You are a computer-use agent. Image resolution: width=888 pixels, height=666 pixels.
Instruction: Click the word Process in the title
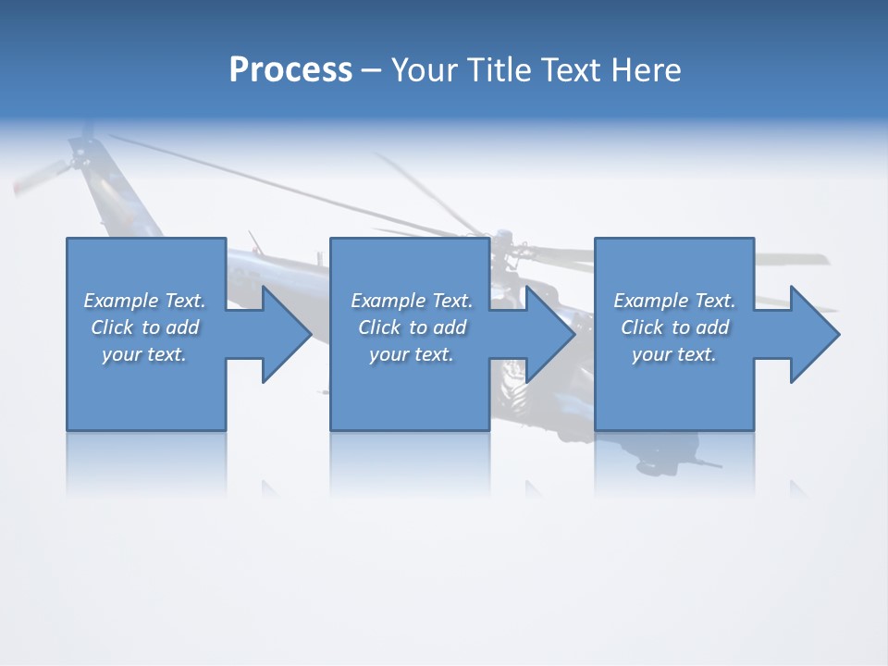[290, 70]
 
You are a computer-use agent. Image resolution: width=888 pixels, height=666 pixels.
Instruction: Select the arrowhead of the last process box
[813, 334]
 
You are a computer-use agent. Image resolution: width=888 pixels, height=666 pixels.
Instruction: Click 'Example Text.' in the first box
[144, 301]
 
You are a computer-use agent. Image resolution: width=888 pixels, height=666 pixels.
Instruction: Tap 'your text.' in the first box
[144, 354]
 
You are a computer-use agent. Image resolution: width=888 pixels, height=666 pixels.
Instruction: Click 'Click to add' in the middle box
[412, 327]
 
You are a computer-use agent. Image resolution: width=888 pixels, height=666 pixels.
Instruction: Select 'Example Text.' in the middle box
[412, 301]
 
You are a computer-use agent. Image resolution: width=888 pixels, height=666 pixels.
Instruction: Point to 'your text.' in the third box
[674, 354]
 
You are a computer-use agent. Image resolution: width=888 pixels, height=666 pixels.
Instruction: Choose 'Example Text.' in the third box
[674, 301]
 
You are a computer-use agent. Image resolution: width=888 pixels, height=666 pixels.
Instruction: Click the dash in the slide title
[372, 70]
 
